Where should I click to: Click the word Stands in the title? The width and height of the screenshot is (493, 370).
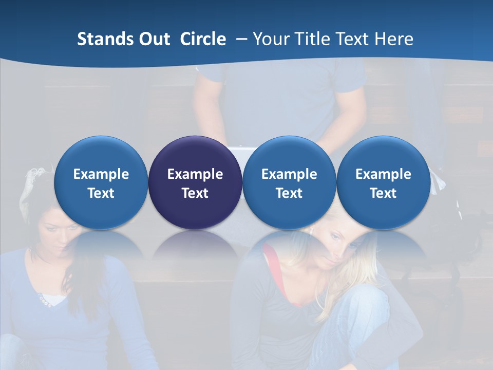[102, 39]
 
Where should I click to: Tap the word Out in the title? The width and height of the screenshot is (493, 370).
[153, 39]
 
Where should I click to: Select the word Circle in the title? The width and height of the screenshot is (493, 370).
[203, 39]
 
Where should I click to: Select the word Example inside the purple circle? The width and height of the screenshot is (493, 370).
[195, 174]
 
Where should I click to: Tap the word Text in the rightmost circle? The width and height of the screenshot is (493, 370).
[383, 193]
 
